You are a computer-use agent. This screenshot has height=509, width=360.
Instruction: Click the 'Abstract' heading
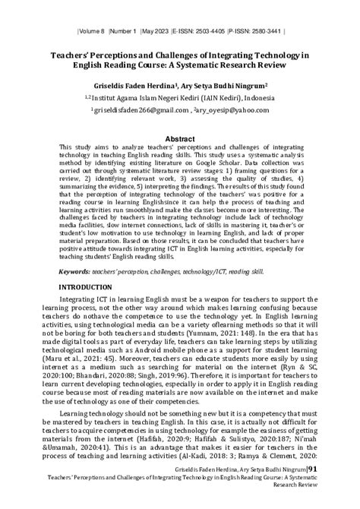(x=179, y=140)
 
